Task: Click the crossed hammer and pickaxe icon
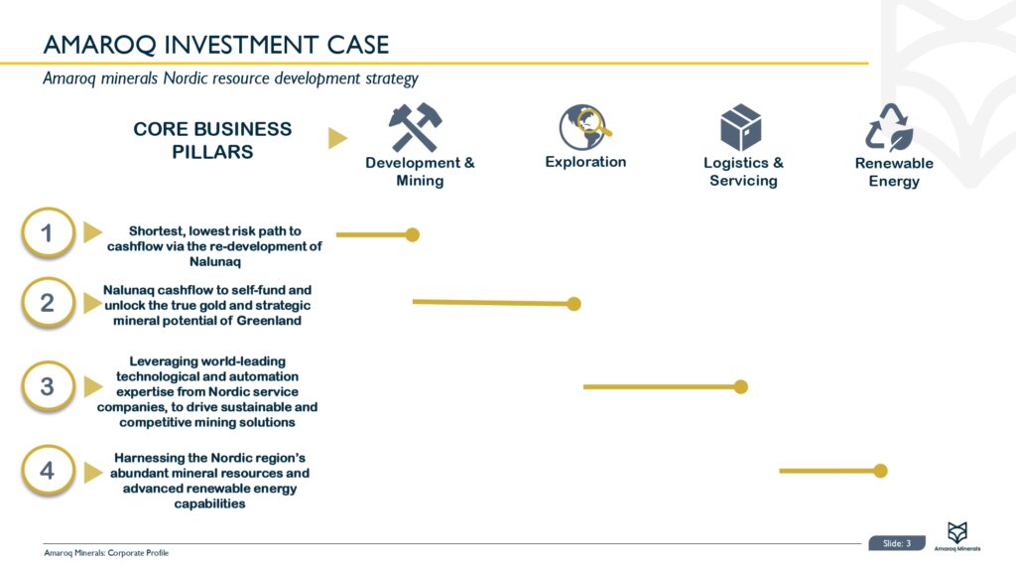pyautogui.click(x=415, y=128)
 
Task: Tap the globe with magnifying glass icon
pyautogui.click(x=584, y=127)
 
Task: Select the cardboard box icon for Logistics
pyautogui.click(x=740, y=128)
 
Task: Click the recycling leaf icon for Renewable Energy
pyautogui.click(x=888, y=128)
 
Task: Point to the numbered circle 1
pyautogui.click(x=47, y=234)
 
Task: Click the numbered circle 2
pyautogui.click(x=47, y=302)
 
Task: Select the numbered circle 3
pyautogui.click(x=47, y=386)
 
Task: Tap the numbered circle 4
pyautogui.click(x=47, y=471)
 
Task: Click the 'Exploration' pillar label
pyautogui.click(x=585, y=162)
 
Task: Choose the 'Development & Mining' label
pyautogui.click(x=420, y=172)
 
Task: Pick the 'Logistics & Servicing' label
pyautogui.click(x=743, y=172)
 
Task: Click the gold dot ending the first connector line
pyautogui.click(x=413, y=235)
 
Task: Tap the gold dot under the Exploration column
pyautogui.click(x=573, y=304)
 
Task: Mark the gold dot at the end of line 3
pyautogui.click(x=740, y=386)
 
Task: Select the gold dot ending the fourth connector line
pyautogui.click(x=880, y=471)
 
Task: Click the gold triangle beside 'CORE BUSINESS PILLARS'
pyautogui.click(x=337, y=139)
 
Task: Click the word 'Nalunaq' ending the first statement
pyautogui.click(x=215, y=263)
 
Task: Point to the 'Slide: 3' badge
pyautogui.click(x=896, y=543)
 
